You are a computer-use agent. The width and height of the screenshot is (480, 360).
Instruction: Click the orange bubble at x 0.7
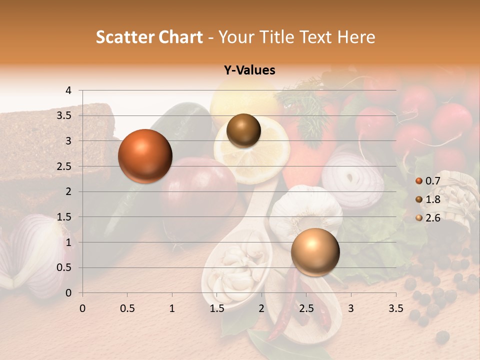145,156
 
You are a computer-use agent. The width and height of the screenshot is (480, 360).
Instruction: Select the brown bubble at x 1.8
243,130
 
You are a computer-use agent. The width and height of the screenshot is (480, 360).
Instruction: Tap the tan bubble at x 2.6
315,252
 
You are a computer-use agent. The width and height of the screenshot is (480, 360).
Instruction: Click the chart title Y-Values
249,70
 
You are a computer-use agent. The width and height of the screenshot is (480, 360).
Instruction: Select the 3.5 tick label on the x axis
396,308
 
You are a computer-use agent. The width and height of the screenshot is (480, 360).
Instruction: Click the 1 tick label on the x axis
172,308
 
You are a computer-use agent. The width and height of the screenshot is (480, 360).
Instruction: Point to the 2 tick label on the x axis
261,308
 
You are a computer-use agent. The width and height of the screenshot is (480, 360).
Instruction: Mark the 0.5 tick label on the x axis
127,308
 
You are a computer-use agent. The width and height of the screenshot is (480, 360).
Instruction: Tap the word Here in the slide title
356,37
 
